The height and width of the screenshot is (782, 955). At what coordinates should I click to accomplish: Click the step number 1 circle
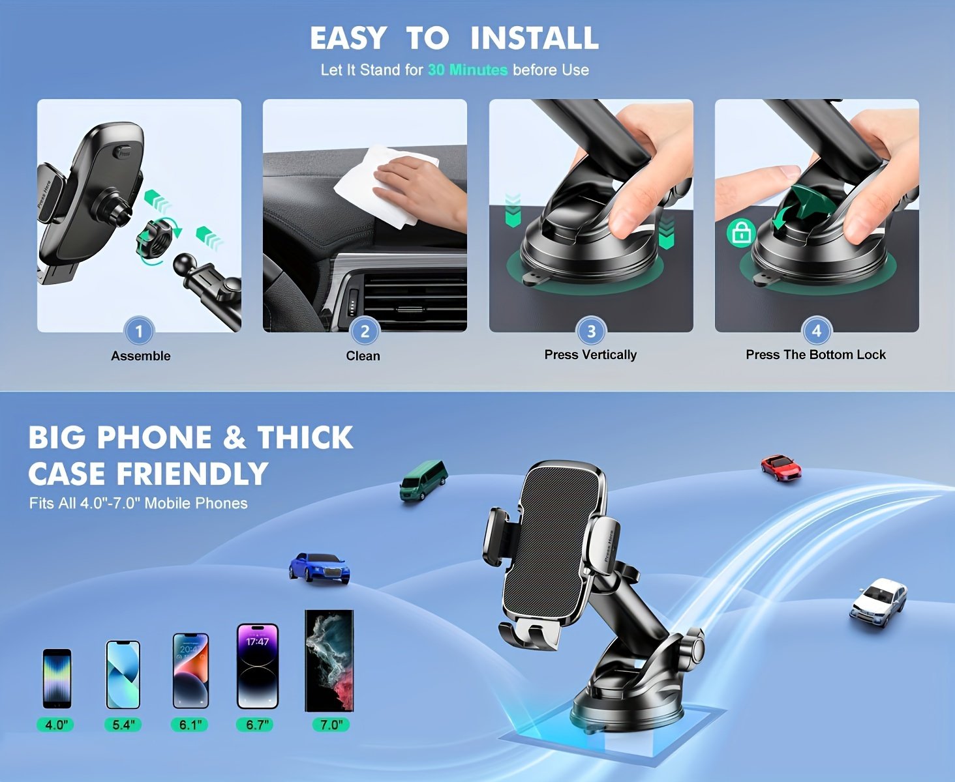pos(138,331)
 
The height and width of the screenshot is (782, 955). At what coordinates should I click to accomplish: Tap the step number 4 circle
pos(816,330)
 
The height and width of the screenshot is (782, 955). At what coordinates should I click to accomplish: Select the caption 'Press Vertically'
pos(590,355)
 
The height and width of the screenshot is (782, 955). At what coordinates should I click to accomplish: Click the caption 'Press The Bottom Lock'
pos(815,355)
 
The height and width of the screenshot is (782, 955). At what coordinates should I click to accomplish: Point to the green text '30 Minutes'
pos(467,70)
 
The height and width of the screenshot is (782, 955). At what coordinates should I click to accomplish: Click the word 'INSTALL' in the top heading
pos(534,38)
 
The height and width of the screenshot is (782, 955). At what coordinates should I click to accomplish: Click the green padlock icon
pos(741,233)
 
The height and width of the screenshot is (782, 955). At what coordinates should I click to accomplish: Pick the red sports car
pos(781,467)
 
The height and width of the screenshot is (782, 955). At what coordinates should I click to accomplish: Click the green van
pos(423,480)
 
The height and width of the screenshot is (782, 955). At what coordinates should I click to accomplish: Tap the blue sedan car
pos(319,567)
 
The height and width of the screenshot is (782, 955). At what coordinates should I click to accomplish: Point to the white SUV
pos(878,603)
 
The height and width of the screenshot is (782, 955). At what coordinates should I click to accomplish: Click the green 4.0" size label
pos(55,724)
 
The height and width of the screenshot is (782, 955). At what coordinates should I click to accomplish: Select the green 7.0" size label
pos(330,724)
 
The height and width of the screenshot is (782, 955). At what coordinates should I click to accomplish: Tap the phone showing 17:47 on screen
pos(257,666)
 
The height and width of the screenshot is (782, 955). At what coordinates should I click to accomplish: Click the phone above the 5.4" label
pos(123,674)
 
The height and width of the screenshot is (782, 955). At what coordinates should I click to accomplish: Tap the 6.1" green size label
pos(190,724)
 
